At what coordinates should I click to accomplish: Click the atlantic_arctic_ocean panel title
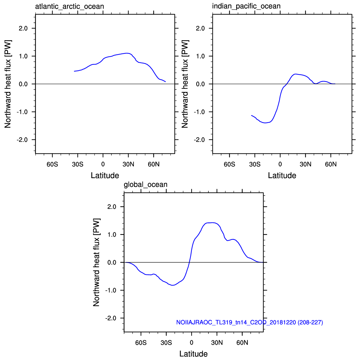[69, 7]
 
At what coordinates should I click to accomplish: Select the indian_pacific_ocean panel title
[246, 6]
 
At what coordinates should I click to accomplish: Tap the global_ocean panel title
[146, 185]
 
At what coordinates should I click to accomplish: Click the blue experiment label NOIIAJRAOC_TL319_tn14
[250, 322]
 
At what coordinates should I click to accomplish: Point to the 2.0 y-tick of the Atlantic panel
[23, 28]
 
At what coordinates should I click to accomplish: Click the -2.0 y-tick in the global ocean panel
[111, 318]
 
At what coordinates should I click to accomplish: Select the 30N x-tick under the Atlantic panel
[128, 164]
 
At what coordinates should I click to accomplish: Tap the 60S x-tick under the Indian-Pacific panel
[229, 164]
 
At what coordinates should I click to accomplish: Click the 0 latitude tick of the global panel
[192, 343]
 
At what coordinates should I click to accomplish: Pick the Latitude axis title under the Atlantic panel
[105, 175]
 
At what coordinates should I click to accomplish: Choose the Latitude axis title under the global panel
[193, 354]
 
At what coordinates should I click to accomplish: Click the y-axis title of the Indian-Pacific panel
[185, 84]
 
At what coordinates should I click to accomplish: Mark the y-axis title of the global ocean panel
[96, 262]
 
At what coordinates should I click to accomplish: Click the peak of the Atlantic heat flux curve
[127, 53]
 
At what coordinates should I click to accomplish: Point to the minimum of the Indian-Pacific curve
[265, 123]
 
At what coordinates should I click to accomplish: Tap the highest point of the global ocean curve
[213, 222]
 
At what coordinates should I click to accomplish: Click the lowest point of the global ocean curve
[173, 285]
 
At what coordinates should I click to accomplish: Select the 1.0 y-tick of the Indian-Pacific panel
[201, 56]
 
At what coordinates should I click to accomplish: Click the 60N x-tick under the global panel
[242, 343]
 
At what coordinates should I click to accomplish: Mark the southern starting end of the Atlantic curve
[74, 71]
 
